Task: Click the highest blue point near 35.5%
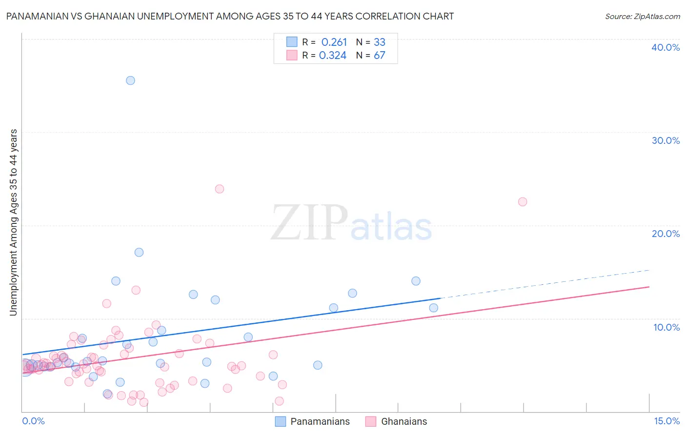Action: pos(130,80)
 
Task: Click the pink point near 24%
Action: pos(220,189)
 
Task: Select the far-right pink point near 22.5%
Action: pos(523,202)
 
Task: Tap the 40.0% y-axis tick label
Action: pos(666,47)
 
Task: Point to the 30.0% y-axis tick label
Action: pos(666,140)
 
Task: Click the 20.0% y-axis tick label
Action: pos(666,234)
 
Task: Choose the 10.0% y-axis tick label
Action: pos(666,327)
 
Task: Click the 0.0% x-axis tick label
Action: pos(33,421)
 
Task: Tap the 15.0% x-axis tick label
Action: pos(666,421)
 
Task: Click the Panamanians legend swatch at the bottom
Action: pos(281,421)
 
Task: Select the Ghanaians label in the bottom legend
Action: pos(404,421)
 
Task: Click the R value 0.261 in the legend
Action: pos(334,42)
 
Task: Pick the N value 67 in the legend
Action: pos(380,56)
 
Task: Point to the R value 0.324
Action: pos(333,56)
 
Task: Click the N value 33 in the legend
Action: pos(380,42)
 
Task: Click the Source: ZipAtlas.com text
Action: pos(643,17)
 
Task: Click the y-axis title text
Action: pos(13,222)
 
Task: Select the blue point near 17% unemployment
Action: pos(139,252)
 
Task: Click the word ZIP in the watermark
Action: pos(309,222)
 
